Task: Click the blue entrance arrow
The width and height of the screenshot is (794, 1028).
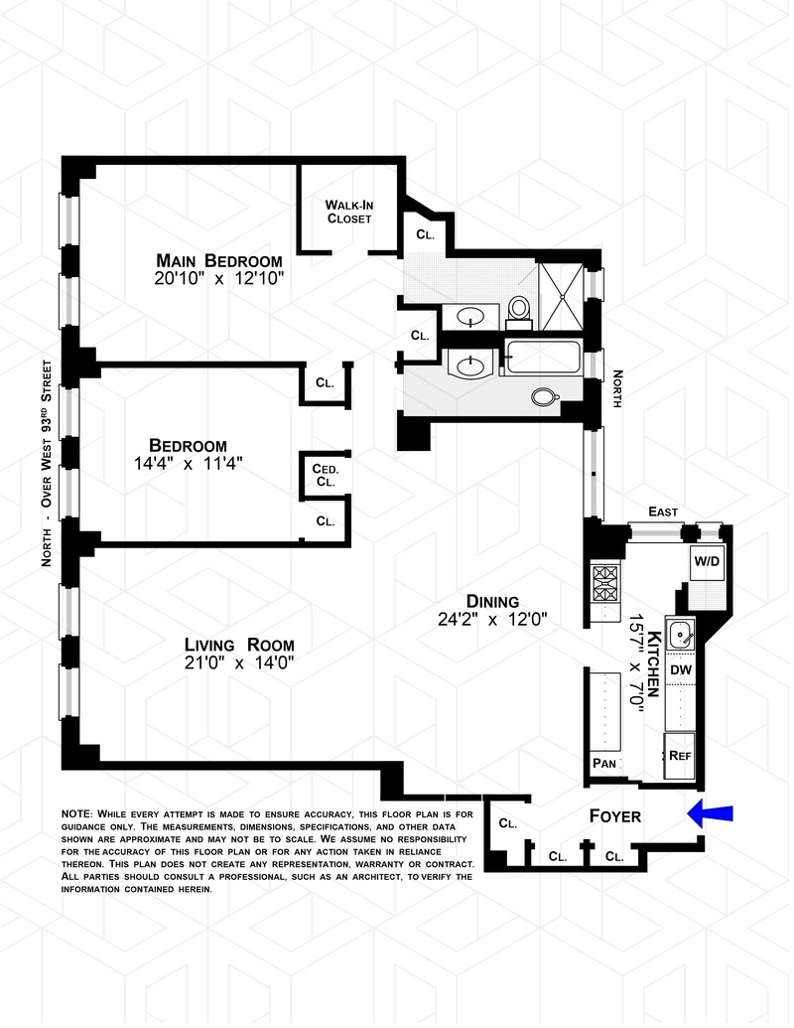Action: tap(710, 814)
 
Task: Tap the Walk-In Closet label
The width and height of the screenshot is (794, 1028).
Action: tap(348, 212)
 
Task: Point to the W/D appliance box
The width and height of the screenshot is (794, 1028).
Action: tap(707, 561)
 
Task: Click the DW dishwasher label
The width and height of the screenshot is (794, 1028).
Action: tap(681, 670)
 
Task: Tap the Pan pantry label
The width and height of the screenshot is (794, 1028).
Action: tap(604, 763)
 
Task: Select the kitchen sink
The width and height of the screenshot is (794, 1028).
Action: tap(682, 633)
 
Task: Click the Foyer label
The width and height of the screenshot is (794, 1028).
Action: tap(615, 816)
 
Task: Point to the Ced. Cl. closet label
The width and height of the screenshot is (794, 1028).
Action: tap(325, 475)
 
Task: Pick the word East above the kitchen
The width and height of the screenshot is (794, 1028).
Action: tap(663, 512)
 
